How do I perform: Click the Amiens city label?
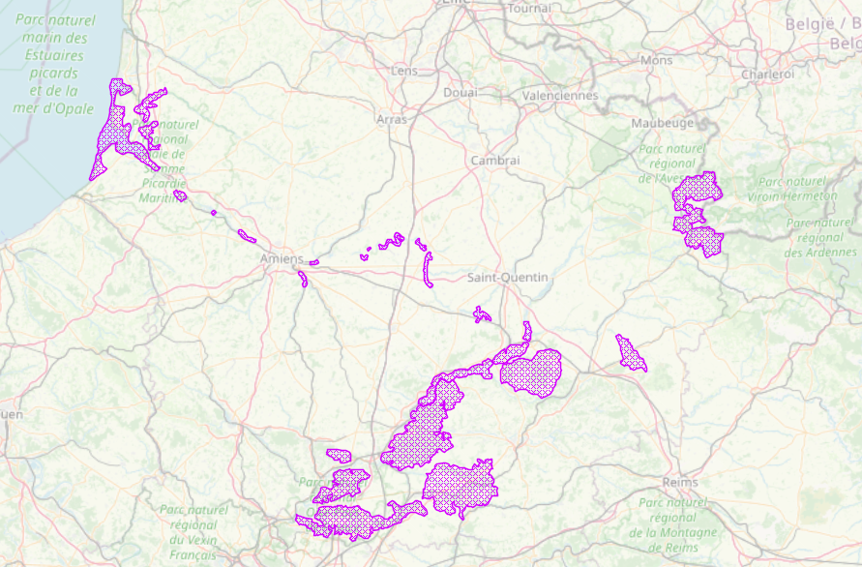coord(282,259)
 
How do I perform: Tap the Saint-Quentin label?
coord(507,278)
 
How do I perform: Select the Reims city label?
coord(680,482)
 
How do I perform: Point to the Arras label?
coord(392,119)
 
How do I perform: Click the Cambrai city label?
coord(495,161)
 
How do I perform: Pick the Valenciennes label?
coord(559,96)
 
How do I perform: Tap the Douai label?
coord(460,93)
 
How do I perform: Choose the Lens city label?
coord(403,71)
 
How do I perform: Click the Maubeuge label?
coord(663,123)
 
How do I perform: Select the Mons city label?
coord(656,60)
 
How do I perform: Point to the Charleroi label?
coord(767,74)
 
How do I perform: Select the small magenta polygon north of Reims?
coord(630,353)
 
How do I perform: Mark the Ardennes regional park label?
coord(820,237)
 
